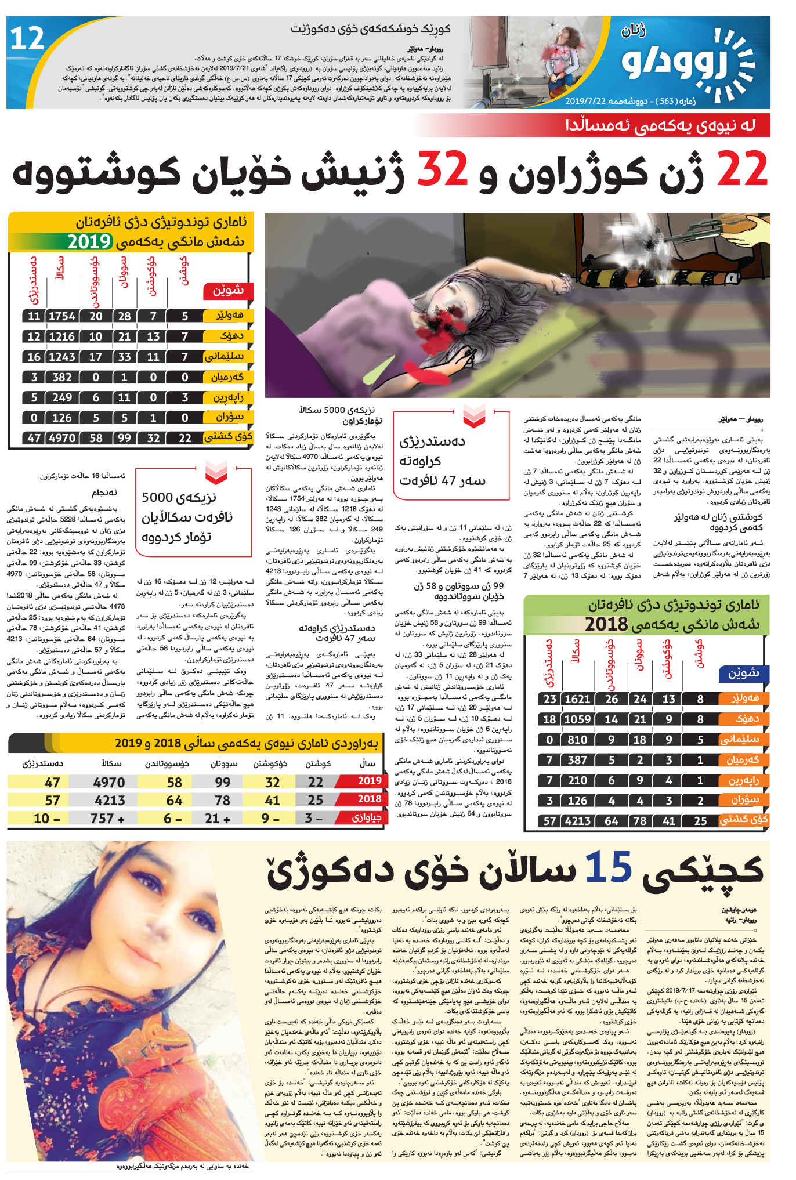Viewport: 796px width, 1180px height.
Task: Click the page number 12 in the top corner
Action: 27,39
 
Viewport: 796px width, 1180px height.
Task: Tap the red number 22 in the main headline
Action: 742,169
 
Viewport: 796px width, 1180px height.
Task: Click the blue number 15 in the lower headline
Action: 607,868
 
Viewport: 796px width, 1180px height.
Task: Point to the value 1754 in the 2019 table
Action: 62,316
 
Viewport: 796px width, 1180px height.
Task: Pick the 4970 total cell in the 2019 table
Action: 62,438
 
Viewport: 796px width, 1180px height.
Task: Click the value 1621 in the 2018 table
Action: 577,699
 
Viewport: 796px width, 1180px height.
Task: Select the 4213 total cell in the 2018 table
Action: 577,821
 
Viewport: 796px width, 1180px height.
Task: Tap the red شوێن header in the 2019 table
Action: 228,291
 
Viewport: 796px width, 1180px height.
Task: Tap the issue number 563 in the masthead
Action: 667,101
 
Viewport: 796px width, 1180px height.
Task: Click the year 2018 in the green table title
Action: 606,624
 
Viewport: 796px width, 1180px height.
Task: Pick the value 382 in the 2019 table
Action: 62,377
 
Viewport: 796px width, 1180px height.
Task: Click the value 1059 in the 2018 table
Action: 577,719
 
